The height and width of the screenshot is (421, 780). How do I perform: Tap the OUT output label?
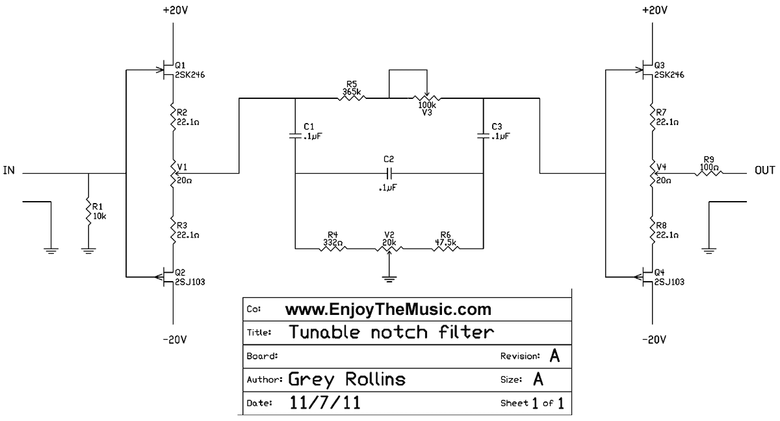pyautogui.click(x=764, y=170)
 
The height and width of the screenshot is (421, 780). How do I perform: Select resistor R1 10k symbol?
pyautogui.click(x=89, y=211)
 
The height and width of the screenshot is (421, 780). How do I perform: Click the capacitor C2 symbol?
pyautogui.click(x=389, y=174)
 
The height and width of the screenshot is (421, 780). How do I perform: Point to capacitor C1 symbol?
pyautogui.click(x=295, y=136)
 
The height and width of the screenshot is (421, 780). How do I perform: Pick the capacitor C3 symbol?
pyautogui.click(x=483, y=136)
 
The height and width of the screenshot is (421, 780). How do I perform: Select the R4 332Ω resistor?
pyautogui.click(x=332, y=248)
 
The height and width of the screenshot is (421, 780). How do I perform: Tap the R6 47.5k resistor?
pyautogui.click(x=445, y=248)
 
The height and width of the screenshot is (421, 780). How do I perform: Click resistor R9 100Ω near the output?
pyautogui.click(x=708, y=174)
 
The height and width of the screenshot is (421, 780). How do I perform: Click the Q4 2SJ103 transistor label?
pyautogui.click(x=668, y=277)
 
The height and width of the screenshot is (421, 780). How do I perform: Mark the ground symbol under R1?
pyautogui.click(x=89, y=249)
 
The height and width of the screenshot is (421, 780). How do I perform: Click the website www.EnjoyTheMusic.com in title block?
pyautogui.click(x=388, y=309)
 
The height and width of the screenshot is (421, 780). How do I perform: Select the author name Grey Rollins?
pyautogui.click(x=346, y=379)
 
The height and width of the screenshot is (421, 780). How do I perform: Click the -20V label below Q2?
pyautogui.click(x=174, y=339)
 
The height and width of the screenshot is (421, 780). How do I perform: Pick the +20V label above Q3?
pyautogui.click(x=653, y=11)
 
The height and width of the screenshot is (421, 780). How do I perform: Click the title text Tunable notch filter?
pyautogui.click(x=391, y=332)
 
